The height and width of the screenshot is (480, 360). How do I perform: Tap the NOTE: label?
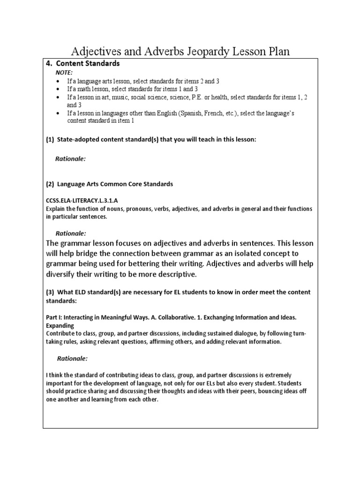coord(64,73)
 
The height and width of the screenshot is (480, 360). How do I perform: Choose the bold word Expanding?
coord(60,325)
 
